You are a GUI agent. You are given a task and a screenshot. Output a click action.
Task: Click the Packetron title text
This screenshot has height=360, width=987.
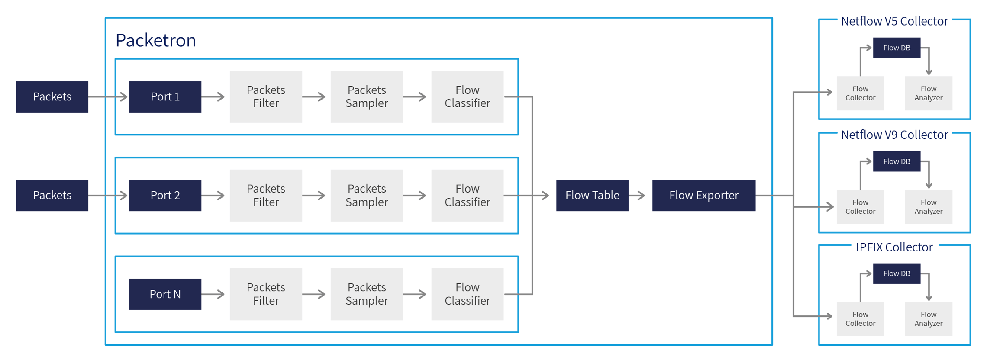[155, 40]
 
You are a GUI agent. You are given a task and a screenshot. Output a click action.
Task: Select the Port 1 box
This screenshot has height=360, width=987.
[165, 96]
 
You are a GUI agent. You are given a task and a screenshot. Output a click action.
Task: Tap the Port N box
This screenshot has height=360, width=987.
[165, 294]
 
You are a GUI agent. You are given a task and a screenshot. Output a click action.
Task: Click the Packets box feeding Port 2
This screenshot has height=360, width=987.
[52, 195]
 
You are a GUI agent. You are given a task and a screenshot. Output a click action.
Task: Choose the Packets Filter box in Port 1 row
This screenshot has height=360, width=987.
[266, 96]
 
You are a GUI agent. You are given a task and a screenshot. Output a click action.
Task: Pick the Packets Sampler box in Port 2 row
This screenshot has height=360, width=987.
[366, 195]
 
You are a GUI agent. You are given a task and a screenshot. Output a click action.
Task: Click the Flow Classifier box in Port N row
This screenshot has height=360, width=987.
[467, 294]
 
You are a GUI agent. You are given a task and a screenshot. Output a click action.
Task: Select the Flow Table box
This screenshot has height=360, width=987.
[592, 195]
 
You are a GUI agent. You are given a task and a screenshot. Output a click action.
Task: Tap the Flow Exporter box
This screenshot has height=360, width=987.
[703, 195]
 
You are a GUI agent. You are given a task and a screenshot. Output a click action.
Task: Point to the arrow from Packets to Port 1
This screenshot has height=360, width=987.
[108, 96]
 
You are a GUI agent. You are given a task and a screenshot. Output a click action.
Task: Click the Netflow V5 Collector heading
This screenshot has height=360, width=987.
[894, 21]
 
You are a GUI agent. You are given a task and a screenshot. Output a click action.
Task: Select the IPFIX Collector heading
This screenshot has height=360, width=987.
[894, 247]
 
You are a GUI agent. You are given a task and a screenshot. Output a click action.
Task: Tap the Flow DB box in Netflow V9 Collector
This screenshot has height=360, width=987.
[896, 161]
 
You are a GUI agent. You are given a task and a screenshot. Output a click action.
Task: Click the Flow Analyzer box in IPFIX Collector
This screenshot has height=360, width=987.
[928, 319]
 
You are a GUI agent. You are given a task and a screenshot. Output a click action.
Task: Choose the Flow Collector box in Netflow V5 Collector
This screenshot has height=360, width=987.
[860, 93]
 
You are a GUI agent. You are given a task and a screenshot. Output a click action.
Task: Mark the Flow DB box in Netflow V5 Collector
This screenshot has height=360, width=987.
[896, 48]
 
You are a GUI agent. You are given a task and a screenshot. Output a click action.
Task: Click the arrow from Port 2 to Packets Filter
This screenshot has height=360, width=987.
[213, 196]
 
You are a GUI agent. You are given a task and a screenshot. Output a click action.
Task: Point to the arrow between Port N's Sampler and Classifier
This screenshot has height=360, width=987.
[415, 294]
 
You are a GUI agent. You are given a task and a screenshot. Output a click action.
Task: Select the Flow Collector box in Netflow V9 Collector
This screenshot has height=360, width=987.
[860, 207]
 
